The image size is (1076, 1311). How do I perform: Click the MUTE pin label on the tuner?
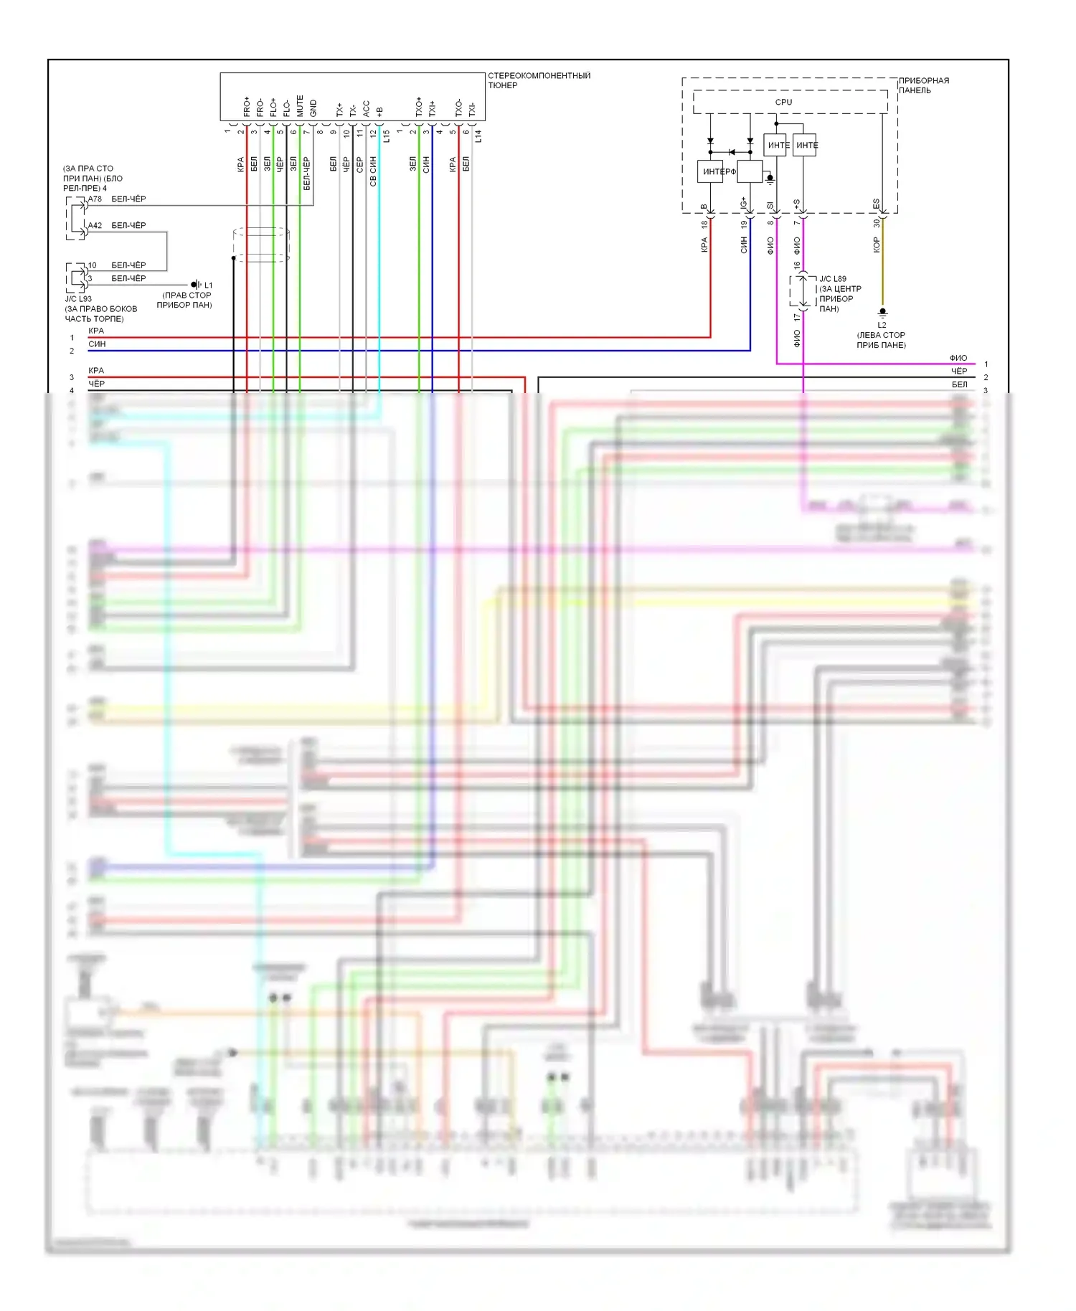click(x=300, y=105)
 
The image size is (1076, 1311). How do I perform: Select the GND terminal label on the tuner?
click(x=313, y=108)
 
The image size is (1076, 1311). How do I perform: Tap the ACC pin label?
click(x=367, y=108)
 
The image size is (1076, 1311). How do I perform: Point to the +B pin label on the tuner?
click(x=379, y=111)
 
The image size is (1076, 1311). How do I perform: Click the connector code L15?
click(x=387, y=136)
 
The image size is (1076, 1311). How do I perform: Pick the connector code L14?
click(x=478, y=136)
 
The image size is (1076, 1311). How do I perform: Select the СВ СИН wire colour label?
click(x=373, y=171)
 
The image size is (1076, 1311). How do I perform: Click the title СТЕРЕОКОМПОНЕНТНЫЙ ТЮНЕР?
click(x=539, y=80)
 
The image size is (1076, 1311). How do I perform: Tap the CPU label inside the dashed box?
click(x=783, y=102)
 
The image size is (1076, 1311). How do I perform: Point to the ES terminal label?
click(x=876, y=204)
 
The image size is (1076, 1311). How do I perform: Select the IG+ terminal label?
click(x=744, y=204)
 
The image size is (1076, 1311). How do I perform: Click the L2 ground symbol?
click(x=882, y=313)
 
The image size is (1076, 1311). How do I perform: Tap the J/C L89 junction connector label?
click(x=832, y=279)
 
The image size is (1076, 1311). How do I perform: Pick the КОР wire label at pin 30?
click(x=876, y=245)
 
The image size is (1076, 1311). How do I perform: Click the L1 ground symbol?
click(x=195, y=285)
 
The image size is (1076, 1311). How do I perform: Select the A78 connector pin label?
click(x=95, y=199)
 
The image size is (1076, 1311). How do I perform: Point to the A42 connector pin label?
click(x=95, y=225)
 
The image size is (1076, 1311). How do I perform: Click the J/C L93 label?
click(x=78, y=299)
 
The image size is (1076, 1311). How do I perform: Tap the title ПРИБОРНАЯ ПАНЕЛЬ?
click(x=924, y=85)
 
